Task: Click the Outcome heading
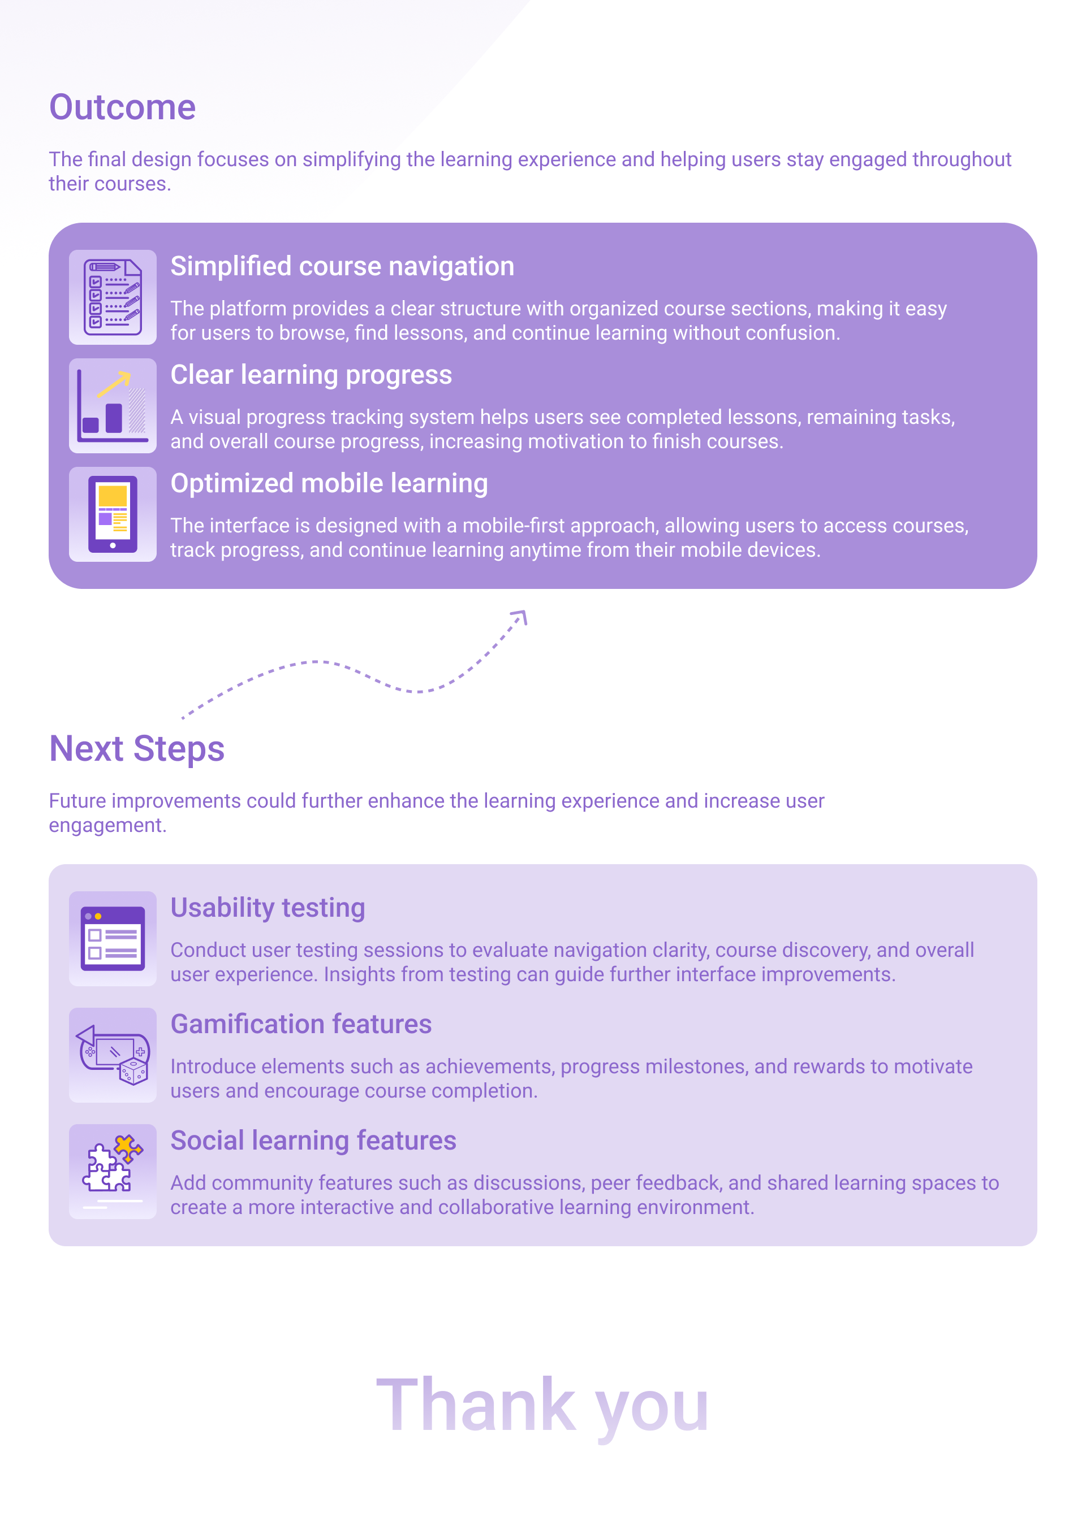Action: (x=122, y=107)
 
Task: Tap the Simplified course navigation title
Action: (x=342, y=266)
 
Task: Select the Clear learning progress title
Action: (x=311, y=375)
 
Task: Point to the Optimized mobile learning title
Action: (x=329, y=484)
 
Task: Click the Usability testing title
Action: (x=268, y=908)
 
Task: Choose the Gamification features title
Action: (x=301, y=1024)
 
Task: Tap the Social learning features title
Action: (x=313, y=1141)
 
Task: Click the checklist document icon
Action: (x=113, y=297)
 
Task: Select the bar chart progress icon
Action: (x=113, y=406)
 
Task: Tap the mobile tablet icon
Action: (x=113, y=514)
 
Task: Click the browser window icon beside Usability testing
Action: (x=113, y=939)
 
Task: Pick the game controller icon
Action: (x=113, y=1055)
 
